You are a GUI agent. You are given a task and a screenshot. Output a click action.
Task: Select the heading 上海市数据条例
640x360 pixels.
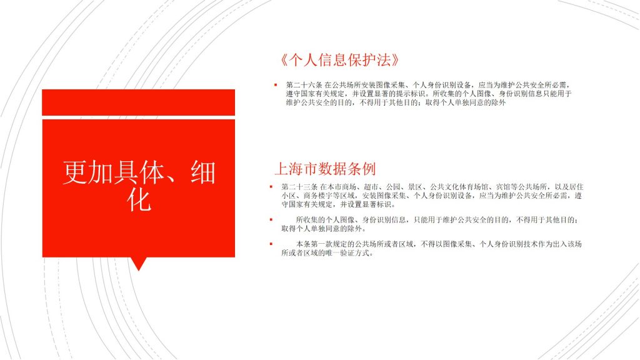point(325,169)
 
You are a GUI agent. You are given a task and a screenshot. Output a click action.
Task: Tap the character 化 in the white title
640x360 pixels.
point(139,199)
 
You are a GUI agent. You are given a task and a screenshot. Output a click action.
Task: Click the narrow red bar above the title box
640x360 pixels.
point(138,102)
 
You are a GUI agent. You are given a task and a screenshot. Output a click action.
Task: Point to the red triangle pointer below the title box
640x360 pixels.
point(138,264)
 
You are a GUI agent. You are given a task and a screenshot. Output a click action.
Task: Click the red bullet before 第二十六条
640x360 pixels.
point(276,85)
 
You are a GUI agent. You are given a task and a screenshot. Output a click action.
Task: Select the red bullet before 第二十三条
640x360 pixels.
point(271,186)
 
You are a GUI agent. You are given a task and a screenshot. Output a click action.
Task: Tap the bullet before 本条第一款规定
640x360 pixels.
point(271,244)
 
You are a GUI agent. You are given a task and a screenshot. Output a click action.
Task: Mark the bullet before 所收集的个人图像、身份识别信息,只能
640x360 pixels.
point(271,219)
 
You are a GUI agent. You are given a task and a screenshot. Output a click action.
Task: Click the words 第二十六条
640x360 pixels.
point(304,85)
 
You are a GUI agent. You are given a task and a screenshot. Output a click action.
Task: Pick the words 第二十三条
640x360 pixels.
point(299,186)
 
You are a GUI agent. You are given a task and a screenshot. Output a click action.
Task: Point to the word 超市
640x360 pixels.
point(371,186)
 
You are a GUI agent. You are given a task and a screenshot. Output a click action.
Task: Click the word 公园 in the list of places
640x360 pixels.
point(392,186)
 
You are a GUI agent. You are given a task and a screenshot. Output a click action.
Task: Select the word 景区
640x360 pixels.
point(415,186)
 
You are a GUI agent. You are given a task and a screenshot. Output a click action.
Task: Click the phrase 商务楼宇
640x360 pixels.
point(318,196)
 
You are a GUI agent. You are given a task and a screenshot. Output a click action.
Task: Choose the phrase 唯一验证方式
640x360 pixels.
point(348,252)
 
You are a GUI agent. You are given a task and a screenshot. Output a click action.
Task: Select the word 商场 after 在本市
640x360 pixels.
point(349,186)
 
